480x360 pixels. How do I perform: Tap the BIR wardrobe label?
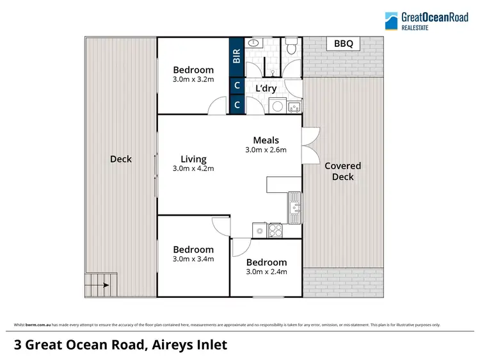click(237, 57)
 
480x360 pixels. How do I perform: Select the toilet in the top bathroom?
click(292, 45)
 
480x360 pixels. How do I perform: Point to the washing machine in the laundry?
click(277, 106)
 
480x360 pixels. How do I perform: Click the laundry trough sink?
click(294, 106)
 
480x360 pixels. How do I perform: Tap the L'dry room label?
click(266, 88)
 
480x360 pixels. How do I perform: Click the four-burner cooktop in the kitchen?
click(276, 230)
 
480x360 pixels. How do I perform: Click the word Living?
click(193, 160)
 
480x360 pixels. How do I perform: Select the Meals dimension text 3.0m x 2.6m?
click(266, 150)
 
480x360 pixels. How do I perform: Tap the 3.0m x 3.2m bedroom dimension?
click(193, 79)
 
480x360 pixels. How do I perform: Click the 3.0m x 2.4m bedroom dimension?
click(266, 272)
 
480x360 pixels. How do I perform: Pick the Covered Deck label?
click(342, 171)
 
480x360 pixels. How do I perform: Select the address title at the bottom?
click(120, 345)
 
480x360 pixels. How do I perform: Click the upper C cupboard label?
click(237, 85)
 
